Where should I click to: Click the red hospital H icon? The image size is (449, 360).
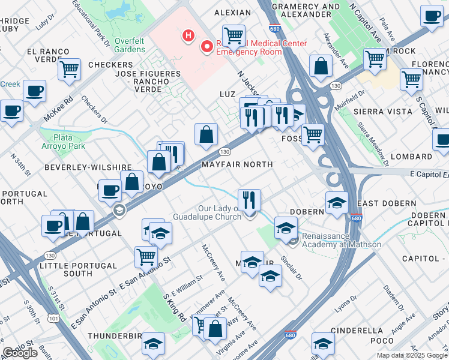click(x=188, y=36)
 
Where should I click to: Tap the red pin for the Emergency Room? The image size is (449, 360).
click(x=208, y=46)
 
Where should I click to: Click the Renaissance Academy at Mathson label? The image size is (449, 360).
click(x=342, y=240)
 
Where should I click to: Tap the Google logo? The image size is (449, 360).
click(x=20, y=353)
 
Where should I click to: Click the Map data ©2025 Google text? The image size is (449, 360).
click(x=412, y=355)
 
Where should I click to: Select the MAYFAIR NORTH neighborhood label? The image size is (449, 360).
click(x=237, y=164)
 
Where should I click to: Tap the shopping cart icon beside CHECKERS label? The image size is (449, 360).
click(x=70, y=68)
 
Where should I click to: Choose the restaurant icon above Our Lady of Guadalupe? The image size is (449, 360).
click(x=249, y=199)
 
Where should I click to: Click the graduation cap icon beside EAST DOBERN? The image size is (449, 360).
click(x=337, y=203)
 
